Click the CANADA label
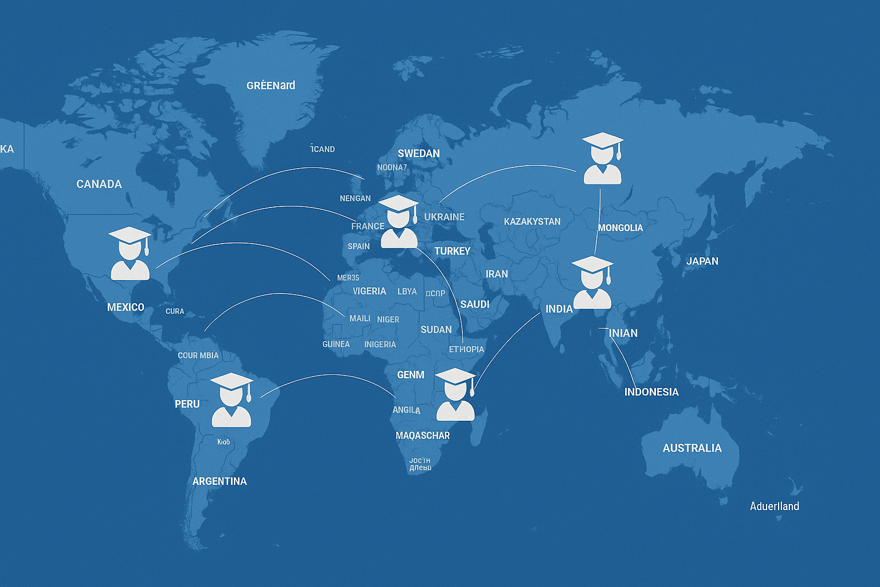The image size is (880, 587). pos(99,184)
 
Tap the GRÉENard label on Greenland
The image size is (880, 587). pos(270,85)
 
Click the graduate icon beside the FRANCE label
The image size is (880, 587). pos(399,222)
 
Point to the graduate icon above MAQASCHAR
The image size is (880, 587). pos(455,395)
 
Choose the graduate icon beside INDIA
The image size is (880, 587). pos(592,283)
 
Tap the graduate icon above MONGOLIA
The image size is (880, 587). pos(602,159)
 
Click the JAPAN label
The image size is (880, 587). pos(702,261)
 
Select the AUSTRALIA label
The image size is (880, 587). pos(692,448)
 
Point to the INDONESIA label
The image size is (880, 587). pos(651,392)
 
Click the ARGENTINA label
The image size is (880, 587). pos(219,482)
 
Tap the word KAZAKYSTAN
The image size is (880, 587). pos(532,221)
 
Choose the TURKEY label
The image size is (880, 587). pos(452,251)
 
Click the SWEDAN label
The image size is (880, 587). pos(419,154)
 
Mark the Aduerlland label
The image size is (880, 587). pos(774,506)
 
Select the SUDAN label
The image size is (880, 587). pos(436,330)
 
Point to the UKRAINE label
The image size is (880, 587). pos(444,217)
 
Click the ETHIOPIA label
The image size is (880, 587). pos(466,349)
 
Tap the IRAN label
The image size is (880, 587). pos(497,274)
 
